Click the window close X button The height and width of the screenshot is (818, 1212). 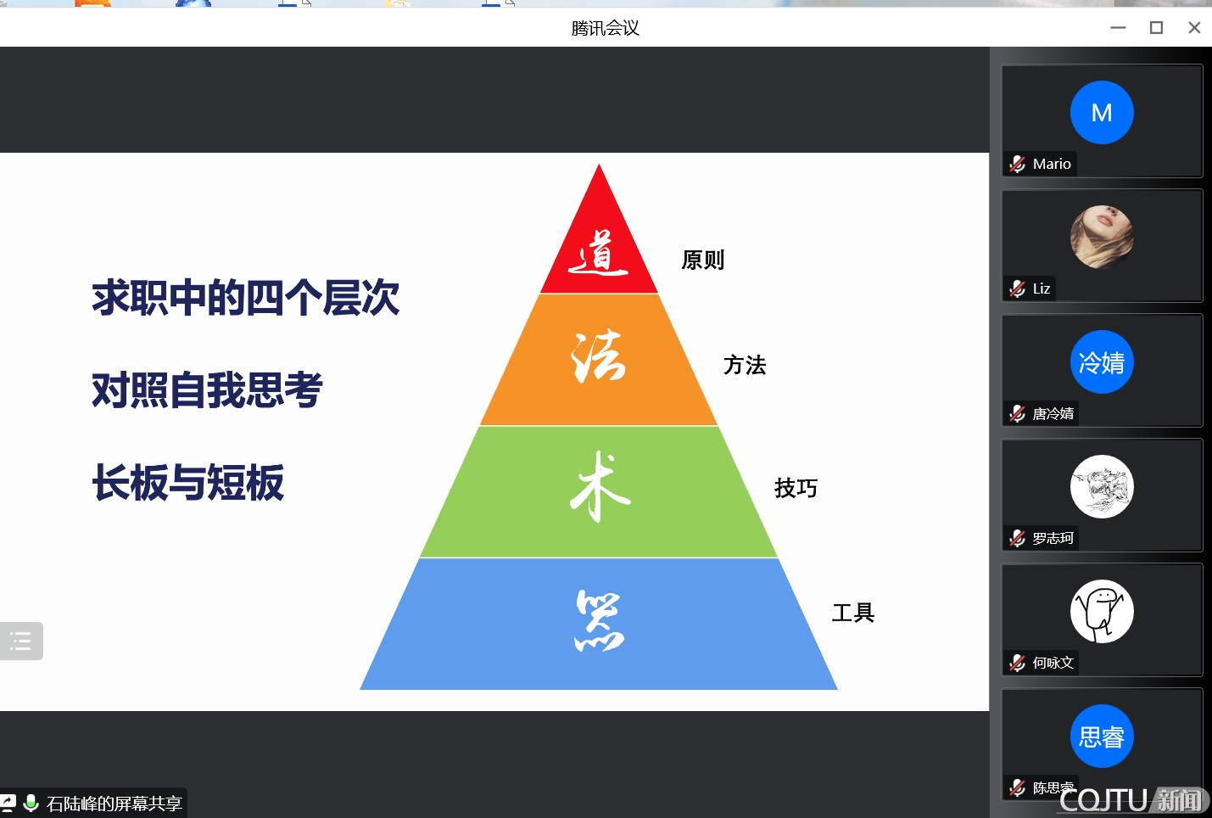click(x=1194, y=28)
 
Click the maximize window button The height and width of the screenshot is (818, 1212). click(x=1156, y=28)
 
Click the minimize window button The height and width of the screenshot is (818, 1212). click(x=1118, y=28)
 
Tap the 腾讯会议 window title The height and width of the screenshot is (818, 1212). click(x=605, y=28)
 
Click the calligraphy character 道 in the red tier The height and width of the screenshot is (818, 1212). click(x=599, y=253)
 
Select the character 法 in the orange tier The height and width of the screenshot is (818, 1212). click(x=599, y=358)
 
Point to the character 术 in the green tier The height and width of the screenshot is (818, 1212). click(x=600, y=487)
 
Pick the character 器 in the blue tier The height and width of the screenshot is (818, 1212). click(x=600, y=620)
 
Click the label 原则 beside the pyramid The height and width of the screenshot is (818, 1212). click(x=703, y=260)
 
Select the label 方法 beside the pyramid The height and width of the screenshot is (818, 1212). click(x=745, y=365)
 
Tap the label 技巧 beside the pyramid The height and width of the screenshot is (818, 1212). click(x=796, y=488)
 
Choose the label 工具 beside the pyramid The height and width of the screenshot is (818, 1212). click(x=853, y=613)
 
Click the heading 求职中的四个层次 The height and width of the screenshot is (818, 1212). click(x=246, y=297)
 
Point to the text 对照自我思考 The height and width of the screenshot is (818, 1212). click(x=207, y=389)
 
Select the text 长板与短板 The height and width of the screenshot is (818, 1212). click(x=187, y=482)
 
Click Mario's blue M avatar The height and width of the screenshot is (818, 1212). click(x=1102, y=113)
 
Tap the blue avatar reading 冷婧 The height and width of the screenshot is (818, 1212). click(x=1102, y=362)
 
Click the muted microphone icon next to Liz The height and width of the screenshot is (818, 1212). click(x=1017, y=289)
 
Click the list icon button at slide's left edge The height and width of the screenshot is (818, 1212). click(x=21, y=641)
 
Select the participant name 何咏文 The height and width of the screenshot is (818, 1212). click(x=1053, y=663)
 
